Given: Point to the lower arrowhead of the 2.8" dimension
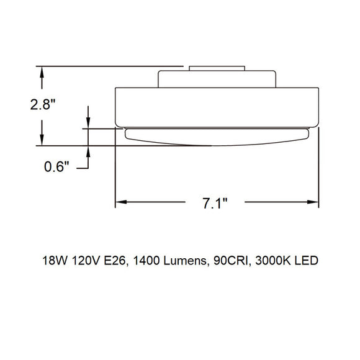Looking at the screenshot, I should click(42, 141).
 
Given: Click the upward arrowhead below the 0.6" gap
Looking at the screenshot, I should click(88, 151).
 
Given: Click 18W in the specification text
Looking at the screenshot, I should click(53, 260).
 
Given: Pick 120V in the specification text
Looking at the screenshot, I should click(86, 260).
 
